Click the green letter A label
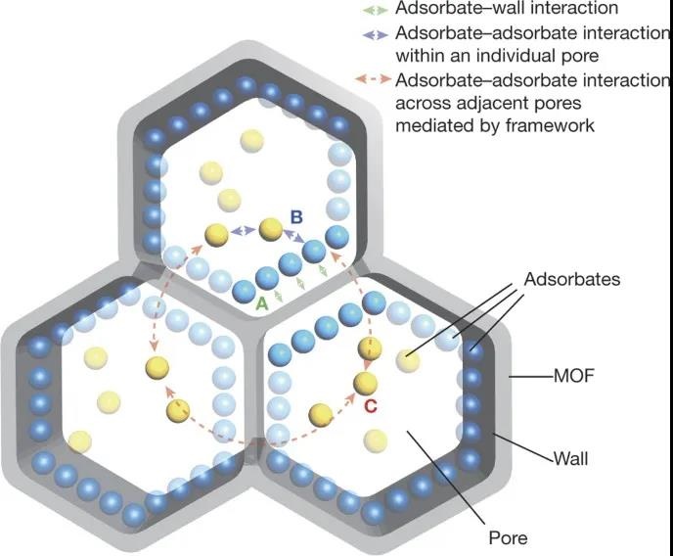(x=261, y=304)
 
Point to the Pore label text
(x=508, y=537)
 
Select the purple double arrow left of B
(x=243, y=231)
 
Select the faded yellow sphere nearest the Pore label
(x=372, y=440)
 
